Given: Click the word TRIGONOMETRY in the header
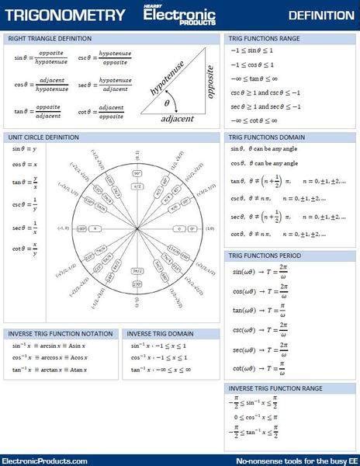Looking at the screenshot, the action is (63, 16).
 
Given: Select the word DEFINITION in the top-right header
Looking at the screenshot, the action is (320, 16).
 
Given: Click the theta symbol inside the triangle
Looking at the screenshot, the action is (167, 102).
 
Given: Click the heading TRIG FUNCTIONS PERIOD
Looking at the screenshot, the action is (264, 255).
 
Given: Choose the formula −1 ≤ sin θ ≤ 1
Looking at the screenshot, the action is (251, 50).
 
